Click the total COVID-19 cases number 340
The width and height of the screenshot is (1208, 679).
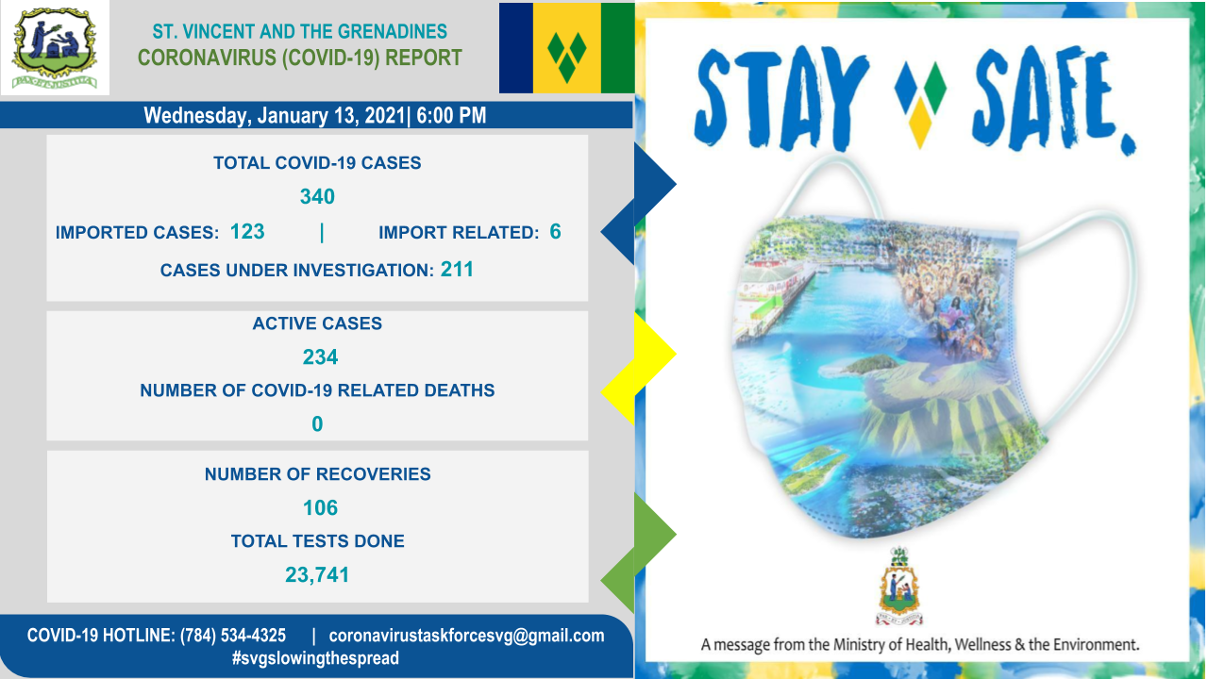coord(317,197)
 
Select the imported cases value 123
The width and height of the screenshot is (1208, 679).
coord(247,232)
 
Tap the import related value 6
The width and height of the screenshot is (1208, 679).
coord(556,232)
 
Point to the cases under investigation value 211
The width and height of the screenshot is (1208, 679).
coord(457,270)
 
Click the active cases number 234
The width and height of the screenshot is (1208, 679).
coord(320,357)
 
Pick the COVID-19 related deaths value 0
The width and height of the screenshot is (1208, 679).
coord(317,424)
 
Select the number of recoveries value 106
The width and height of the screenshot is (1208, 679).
coord(320,508)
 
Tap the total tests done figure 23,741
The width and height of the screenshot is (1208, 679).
coord(317,575)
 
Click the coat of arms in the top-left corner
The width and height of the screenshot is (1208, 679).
coord(55,48)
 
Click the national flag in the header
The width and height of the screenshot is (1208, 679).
coord(567,48)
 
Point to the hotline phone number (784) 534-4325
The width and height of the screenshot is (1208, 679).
coord(233,636)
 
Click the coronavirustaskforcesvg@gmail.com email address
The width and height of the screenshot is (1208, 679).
coord(466,636)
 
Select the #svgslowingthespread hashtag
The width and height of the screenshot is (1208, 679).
coord(315,658)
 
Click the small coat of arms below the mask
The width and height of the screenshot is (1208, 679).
coord(899,586)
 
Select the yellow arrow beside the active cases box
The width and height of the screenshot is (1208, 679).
coord(639,368)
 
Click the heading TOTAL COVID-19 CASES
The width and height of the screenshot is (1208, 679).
coord(317,163)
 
